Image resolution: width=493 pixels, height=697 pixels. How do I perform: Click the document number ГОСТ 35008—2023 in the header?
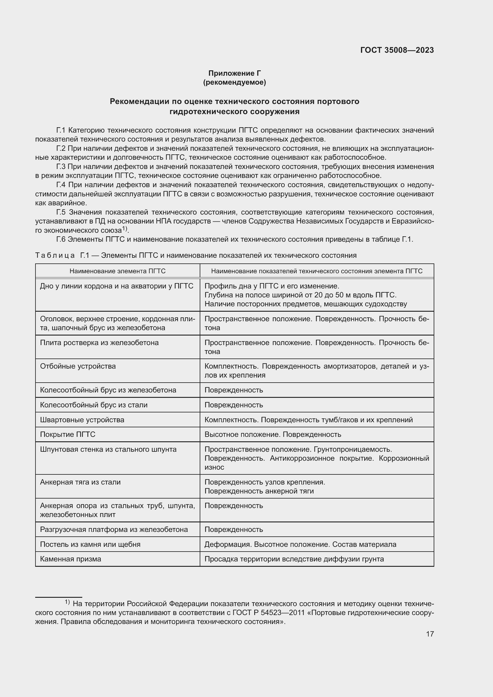tap(397, 50)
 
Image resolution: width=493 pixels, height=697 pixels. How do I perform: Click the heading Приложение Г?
tap(234, 73)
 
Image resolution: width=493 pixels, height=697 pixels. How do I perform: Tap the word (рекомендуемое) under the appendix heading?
tap(234, 82)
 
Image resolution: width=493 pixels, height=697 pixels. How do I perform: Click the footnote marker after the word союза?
tap(125, 229)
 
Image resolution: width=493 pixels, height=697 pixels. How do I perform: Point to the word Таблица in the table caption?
tap(55, 255)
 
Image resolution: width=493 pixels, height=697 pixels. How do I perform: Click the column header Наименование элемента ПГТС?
tap(117, 271)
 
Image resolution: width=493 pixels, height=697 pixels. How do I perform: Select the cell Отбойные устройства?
tap(78, 366)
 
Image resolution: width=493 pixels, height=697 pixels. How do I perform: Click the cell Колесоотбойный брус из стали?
tap(94, 405)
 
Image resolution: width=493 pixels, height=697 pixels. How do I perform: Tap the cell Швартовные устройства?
tap(82, 420)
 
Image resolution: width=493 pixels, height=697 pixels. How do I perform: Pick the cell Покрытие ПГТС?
tap(68, 434)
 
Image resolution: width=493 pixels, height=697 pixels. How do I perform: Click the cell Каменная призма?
tap(71, 558)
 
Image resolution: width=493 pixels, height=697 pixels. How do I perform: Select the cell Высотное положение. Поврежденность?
tap(273, 434)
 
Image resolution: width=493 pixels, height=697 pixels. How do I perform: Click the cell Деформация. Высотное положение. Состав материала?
tap(300, 544)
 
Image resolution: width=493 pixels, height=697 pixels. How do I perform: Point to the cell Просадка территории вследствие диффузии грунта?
tap(294, 558)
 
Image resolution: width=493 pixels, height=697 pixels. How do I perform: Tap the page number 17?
tap(430, 634)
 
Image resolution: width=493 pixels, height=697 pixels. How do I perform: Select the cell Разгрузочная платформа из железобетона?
tap(114, 529)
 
